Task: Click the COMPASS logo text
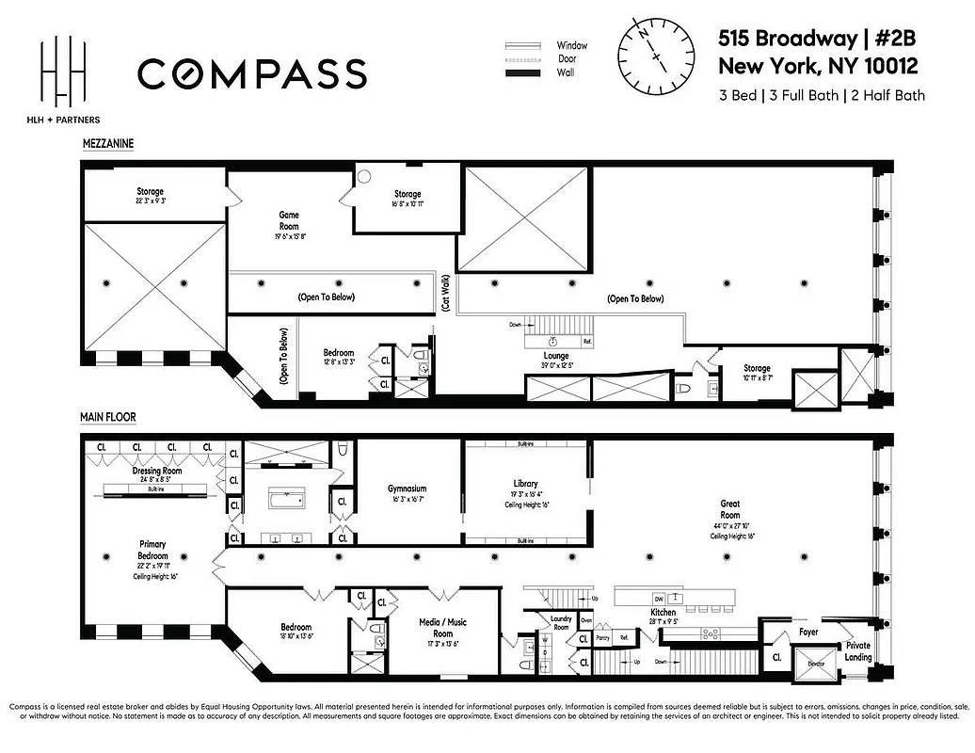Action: pos(252,72)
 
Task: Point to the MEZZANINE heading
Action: pos(106,144)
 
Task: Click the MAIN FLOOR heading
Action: pos(109,415)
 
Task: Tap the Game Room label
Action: pos(289,216)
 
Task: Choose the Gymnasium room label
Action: pos(408,489)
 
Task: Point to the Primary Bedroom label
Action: pos(152,550)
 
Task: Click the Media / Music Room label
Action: pos(442,627)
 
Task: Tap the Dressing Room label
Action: pos(156,471)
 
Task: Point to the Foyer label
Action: pos(808,633)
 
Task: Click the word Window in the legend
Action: pos(571,44)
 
